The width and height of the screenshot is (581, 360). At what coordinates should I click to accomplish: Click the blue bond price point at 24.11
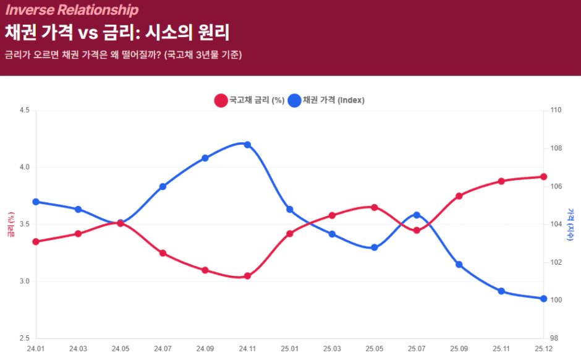(247, 145)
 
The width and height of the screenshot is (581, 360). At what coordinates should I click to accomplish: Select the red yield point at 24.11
(247, 276)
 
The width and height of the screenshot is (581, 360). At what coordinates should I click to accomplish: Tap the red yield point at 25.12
(544, 177)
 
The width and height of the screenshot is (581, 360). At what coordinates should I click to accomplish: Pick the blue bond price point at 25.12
(544, 299)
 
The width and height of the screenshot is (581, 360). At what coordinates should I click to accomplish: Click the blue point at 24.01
(36, 202)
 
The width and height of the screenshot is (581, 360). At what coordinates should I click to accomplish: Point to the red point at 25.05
(375, 207)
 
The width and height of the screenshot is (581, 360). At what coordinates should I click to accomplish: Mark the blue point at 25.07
(417, 215)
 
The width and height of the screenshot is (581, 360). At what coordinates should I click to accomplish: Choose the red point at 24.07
(163, 253)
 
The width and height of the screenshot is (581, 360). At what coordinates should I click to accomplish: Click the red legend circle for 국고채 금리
(221, 100)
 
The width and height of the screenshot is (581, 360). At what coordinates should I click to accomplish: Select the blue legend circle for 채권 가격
(295, 100)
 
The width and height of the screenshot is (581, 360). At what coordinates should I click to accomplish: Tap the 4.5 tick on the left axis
(25, 111)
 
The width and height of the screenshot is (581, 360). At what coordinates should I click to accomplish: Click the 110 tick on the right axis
(556, 111)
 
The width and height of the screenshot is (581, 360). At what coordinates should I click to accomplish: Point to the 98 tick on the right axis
(554, 338)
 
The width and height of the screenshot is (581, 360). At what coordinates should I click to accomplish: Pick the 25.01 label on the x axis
(290, 349)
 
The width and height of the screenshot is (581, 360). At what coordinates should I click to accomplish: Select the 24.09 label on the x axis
(205, 349)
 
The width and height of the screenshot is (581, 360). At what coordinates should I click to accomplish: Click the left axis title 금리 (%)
(11, 226)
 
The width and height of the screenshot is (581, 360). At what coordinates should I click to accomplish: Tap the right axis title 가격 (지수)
(570, 224)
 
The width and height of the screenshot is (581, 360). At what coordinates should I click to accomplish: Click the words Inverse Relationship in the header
(72, 10)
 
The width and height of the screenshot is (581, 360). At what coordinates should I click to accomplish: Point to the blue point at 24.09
(205, 158)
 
